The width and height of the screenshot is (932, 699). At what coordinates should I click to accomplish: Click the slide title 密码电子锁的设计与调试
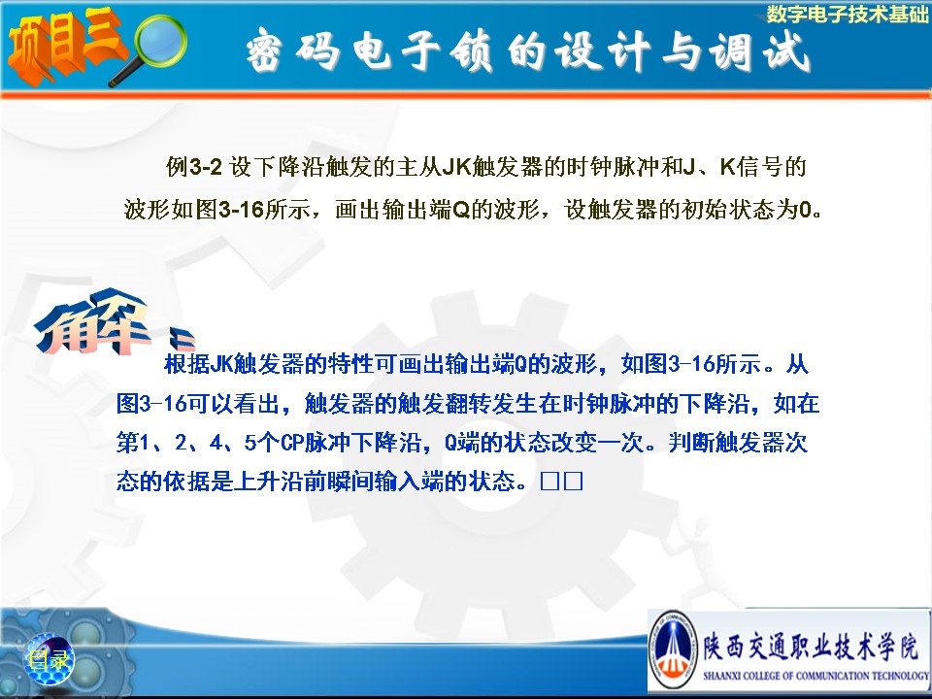tap(528, 51)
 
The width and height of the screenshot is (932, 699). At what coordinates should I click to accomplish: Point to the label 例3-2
tap(194, 166)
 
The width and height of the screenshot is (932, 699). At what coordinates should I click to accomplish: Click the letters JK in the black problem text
tap(456, 167)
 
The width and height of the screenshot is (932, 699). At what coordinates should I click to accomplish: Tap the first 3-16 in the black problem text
tap(241, 210)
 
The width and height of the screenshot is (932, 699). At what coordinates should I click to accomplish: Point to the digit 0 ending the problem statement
tap(806, 210)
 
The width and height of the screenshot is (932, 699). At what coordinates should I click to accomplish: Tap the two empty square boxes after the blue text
tap(562, 482)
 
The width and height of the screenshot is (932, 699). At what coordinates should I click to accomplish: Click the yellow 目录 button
tap(49, 659)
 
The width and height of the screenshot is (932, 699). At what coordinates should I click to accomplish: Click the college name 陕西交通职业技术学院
tap(811, 648)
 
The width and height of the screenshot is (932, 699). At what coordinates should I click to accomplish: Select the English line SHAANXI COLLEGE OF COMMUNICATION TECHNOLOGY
tap(815, 676)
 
